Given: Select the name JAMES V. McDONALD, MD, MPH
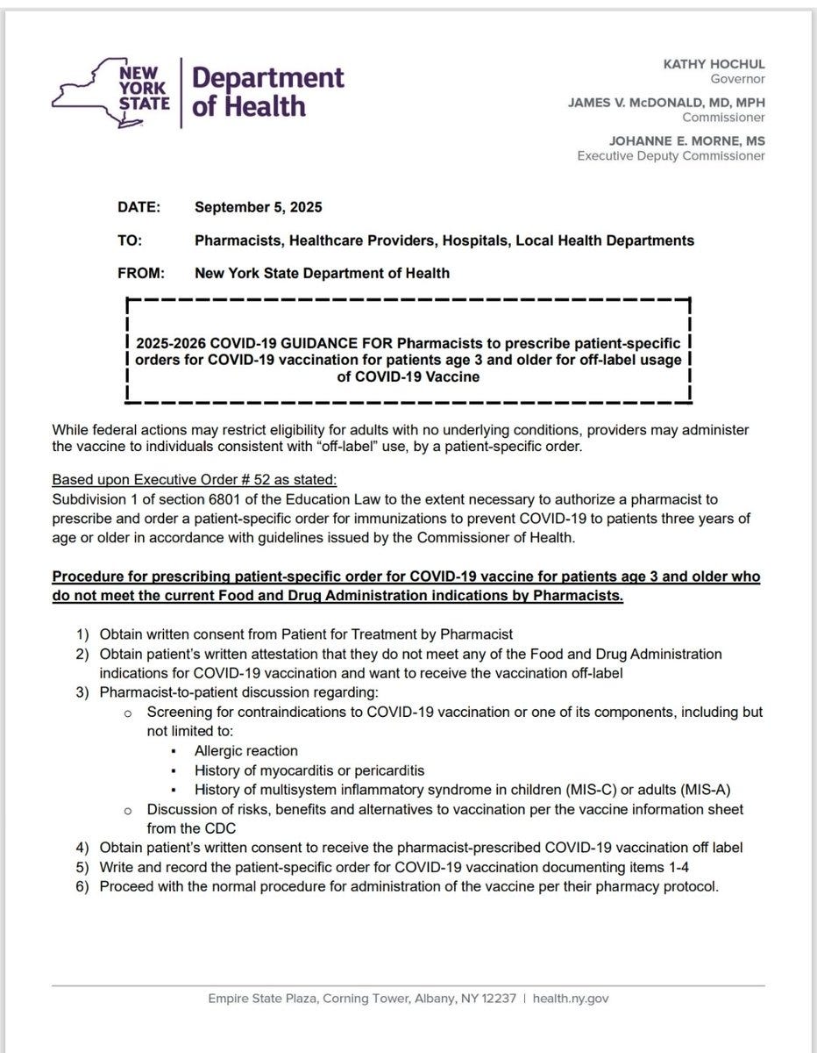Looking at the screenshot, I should (665, 103).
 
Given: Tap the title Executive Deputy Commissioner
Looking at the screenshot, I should (671, 156).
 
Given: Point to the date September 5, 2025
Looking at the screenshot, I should (258, 208).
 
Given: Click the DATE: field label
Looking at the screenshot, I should (139, 208).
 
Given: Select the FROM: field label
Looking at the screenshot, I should (141, 273).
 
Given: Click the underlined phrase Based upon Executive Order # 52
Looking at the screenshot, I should (194, 480).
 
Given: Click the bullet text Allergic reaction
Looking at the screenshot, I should (246, 751).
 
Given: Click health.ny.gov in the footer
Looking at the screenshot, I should (572, 999).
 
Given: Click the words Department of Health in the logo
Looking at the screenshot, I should (266, 91).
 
